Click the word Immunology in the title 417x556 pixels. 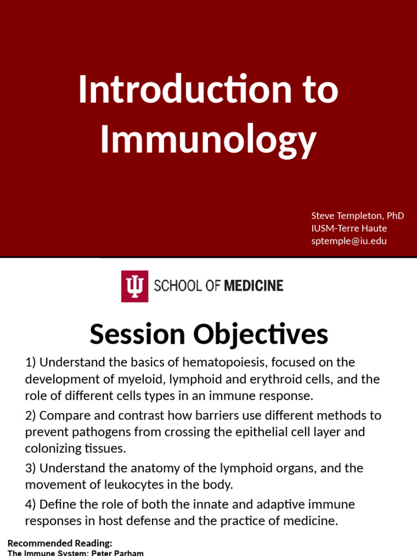pos(208,139)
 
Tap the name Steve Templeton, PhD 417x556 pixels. pos(357,216)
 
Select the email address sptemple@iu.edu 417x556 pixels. pos(349,241)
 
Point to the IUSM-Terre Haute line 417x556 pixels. pos(349,228)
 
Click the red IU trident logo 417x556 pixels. pos(134,286)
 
